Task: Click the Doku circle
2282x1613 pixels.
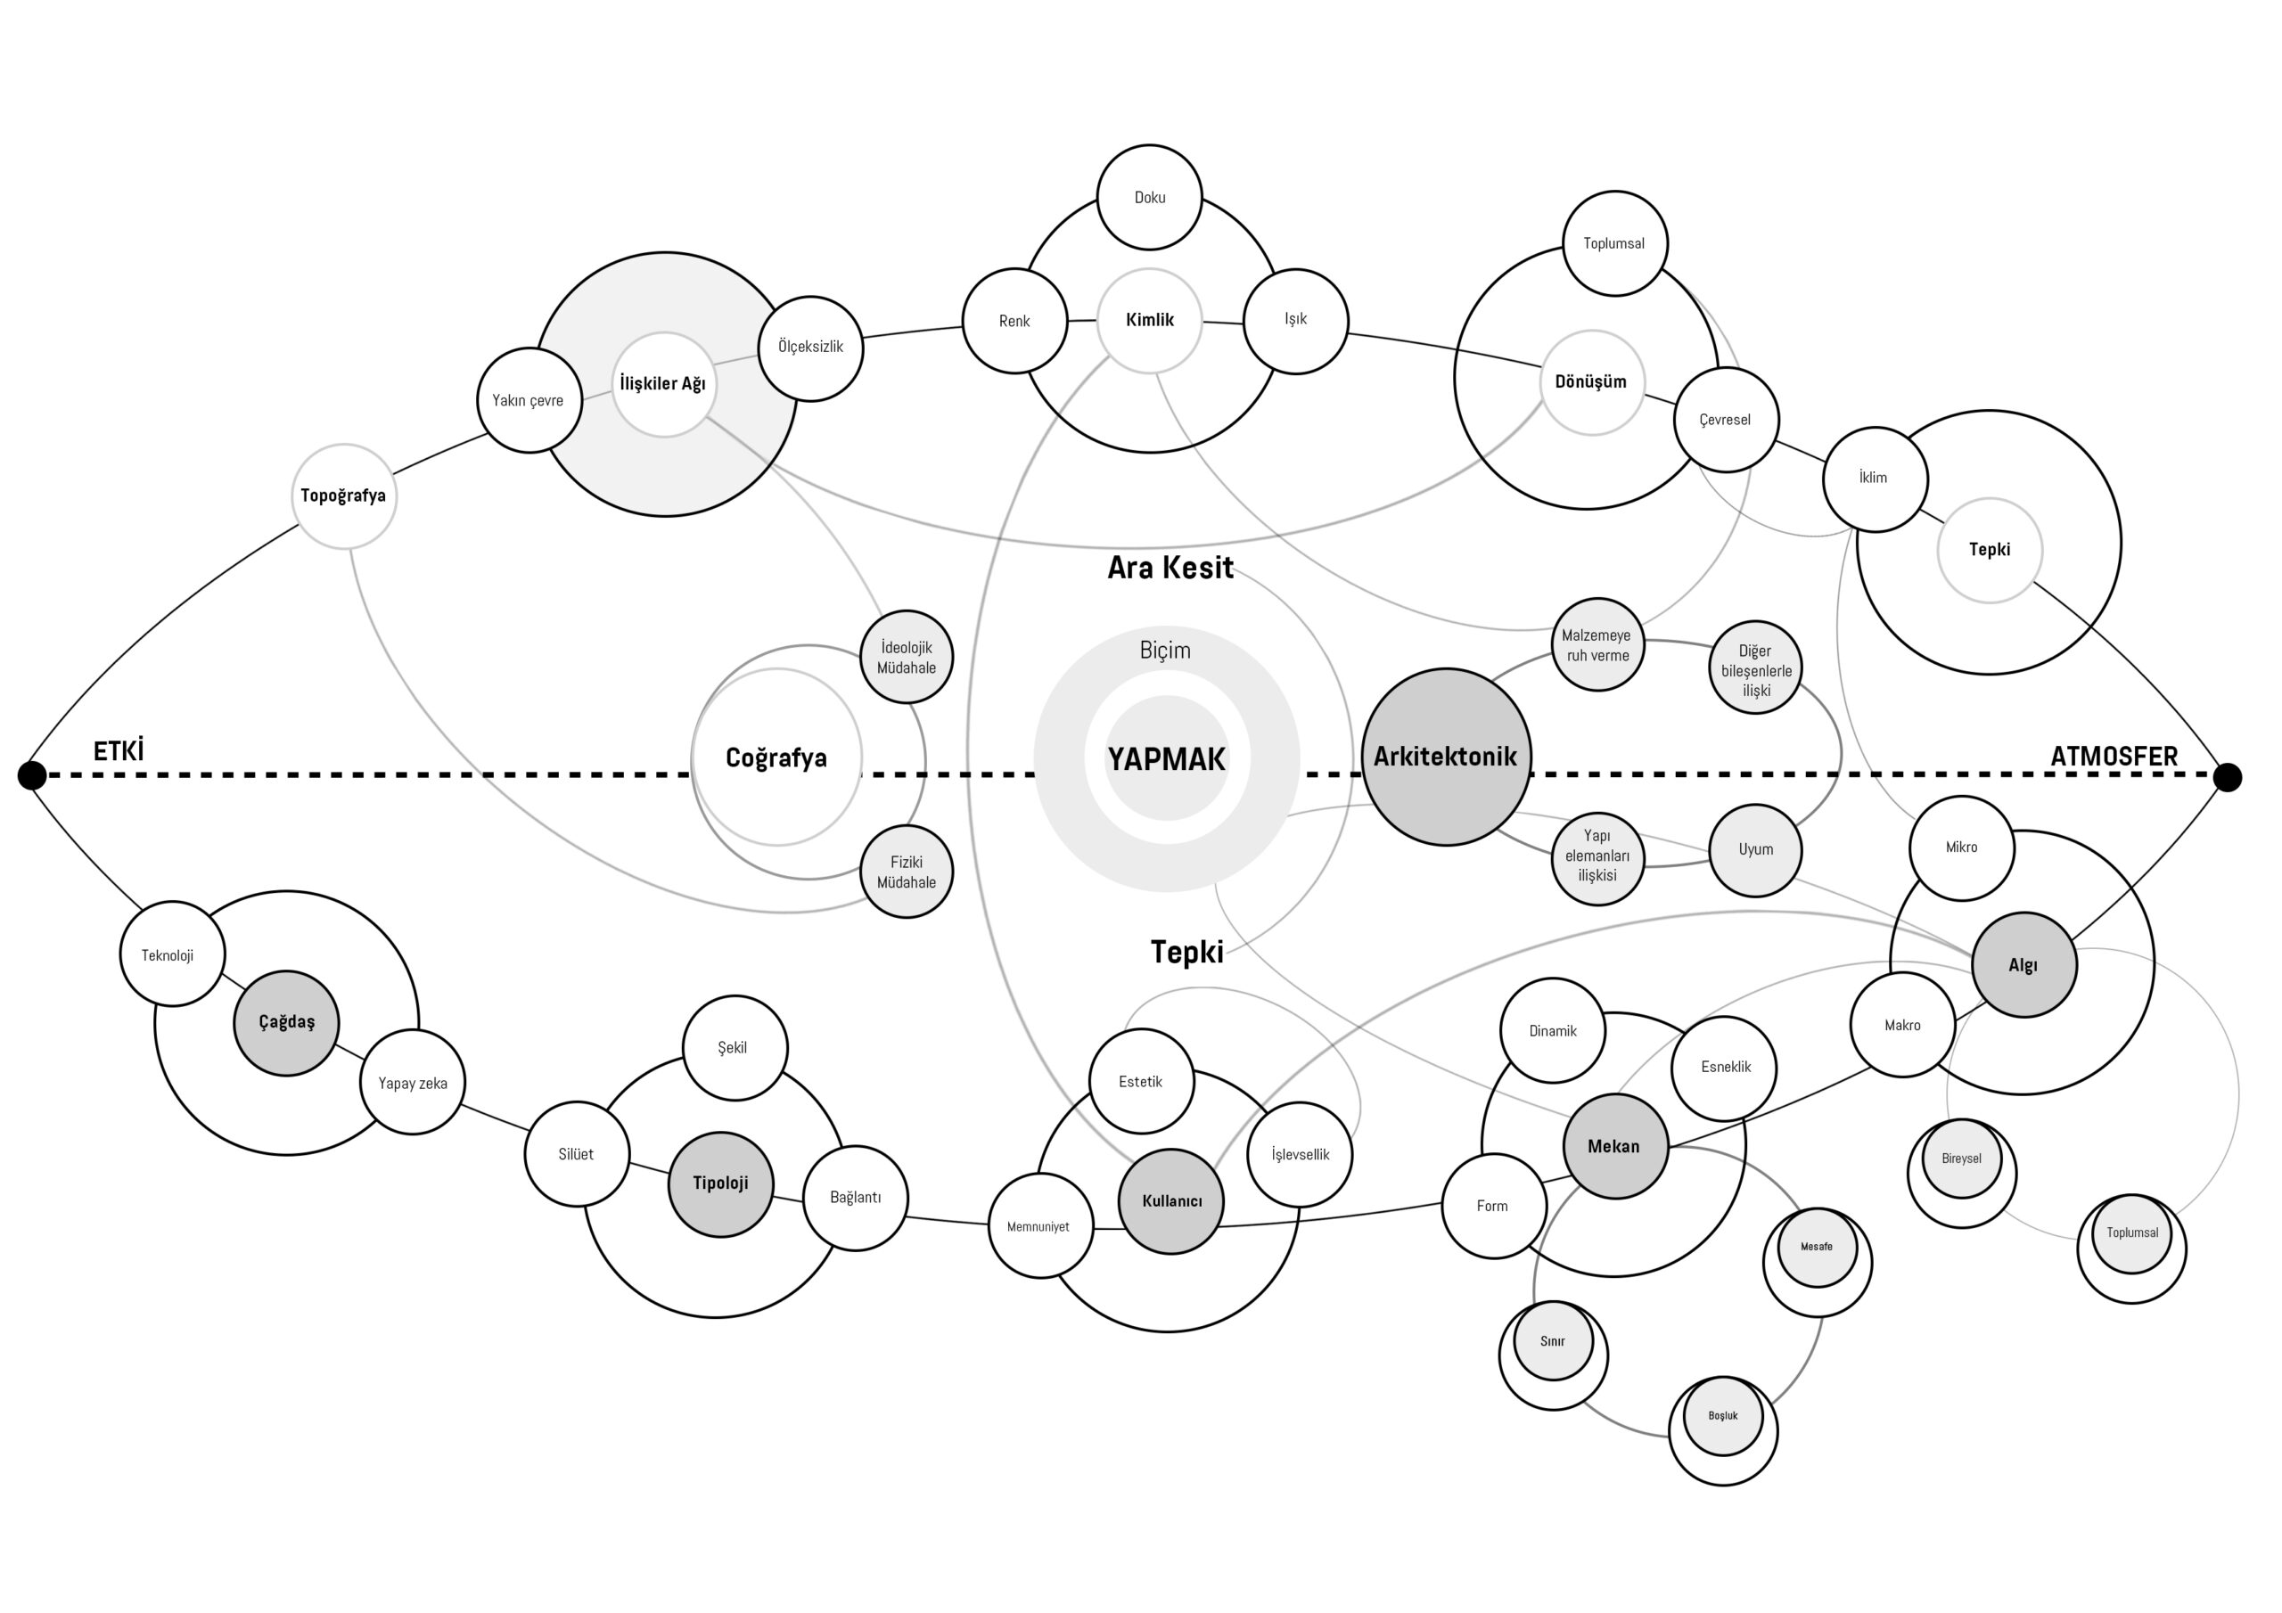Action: (x=1149, y=197)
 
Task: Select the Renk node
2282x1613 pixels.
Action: (x=1014, y=321)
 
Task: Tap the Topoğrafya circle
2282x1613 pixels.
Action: (x=344, y=495)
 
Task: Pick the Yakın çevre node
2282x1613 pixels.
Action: (x=529, y=400)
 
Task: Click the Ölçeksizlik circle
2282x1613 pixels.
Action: (x=810, y=348)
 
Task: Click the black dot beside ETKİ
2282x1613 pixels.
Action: (x=32, y=774)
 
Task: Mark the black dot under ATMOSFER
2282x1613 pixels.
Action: (x=2228, y=776)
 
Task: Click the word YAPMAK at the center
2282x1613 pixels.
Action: (x=1166, y=759)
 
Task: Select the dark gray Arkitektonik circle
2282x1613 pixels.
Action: (x=1445, y=757)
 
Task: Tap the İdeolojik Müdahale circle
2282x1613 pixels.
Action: (x=906, y=657)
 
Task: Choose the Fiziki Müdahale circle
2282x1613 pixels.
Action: (x=906, y=872)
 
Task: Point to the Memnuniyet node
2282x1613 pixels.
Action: (x=1039, y=1226)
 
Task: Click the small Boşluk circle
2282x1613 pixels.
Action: (x=1722, y=1416)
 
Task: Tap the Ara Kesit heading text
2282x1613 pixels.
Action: (x=1170, y=568)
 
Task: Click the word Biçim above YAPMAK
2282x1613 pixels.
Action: (x=1165, y=650)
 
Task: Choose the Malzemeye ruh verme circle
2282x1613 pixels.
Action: (x=1597, y=645)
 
